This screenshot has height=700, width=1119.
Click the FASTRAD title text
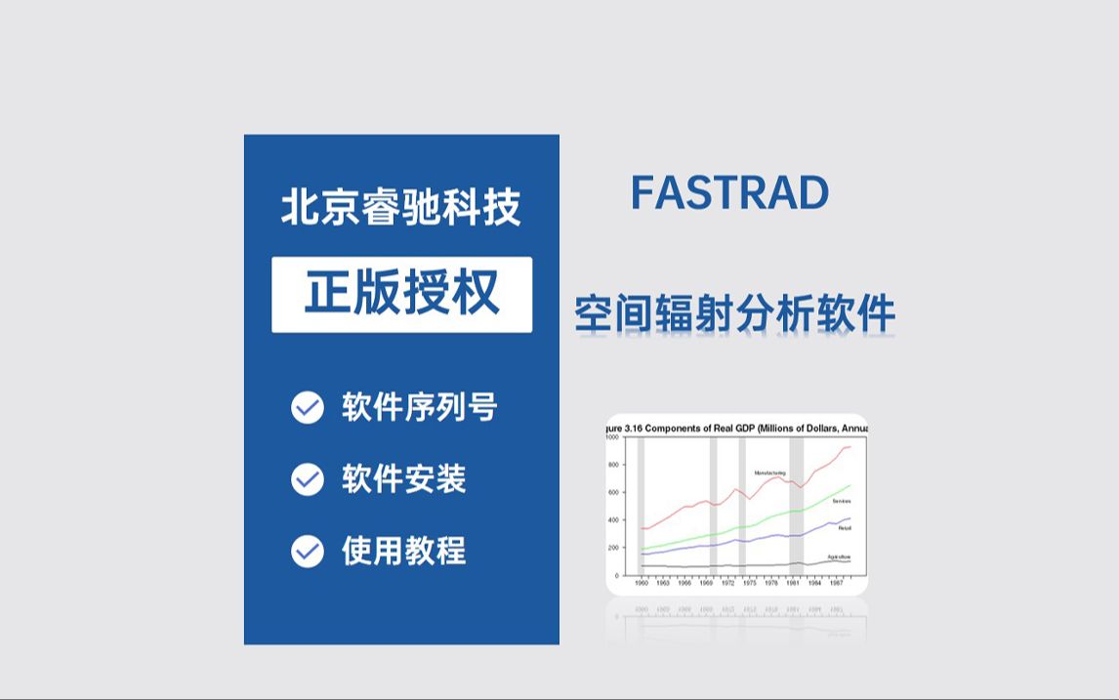click(x=729, y=193)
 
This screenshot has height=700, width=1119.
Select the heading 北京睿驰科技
click(x=401, y=208)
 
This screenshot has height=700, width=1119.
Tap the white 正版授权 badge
click(x=401, y=294)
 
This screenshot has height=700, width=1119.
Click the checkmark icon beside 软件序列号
click(x=308, y=408)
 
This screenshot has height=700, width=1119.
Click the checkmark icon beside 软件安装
click(x=308, y=479)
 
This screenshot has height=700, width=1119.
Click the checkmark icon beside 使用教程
click(x=308, y=552)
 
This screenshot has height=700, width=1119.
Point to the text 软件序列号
click(x=420, y=407)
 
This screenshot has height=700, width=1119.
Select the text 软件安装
click(x=404, y=479)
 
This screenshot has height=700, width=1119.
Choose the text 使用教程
click(x=404, y=552)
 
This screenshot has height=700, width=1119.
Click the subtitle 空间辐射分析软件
click(x=735, y=314)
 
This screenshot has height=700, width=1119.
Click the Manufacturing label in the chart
click(x=769, y=473)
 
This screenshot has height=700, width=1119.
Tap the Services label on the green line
click(x=841, y=501)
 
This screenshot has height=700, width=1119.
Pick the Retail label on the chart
click(x=845, y=528)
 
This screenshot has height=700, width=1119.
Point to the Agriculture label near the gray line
click(x=839, y=556)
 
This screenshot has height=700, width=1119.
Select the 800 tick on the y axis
click(x=613, y=465)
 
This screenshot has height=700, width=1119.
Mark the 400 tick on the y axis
click(x=613, y=520)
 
